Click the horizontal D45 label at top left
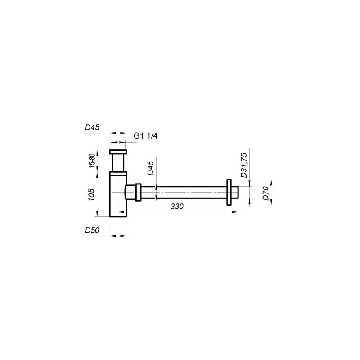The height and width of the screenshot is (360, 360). click(92, 127)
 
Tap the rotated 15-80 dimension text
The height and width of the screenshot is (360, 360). click(92, 161)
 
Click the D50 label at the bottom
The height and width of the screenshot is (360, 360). click(92, 230)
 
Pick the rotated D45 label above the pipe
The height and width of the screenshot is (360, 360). click(150, 170)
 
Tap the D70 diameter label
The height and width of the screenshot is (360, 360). click(265, 193)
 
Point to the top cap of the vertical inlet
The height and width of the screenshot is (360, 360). click(119, 152)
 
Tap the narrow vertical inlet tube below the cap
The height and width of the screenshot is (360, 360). click(119, 163)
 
